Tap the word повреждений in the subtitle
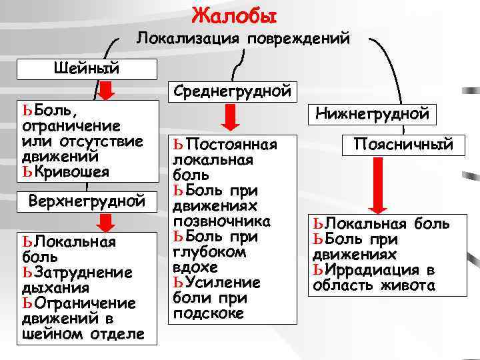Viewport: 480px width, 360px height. pyautogui.click(x=298, y=39)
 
